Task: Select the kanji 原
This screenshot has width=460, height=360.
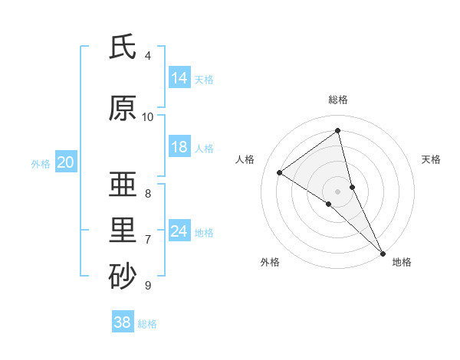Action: (123, 109)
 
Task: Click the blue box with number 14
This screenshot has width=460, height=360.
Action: (179, 78)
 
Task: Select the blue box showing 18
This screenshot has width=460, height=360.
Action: (179, 148)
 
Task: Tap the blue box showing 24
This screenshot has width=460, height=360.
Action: (179, 231)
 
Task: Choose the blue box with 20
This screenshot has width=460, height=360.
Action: (66, 162)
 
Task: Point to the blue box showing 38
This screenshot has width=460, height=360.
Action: (123, 322)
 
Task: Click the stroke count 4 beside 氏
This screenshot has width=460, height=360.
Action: (148, 56)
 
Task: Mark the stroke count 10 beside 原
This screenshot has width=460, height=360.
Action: (148, 117)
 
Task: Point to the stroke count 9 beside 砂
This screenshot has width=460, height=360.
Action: (148, 286)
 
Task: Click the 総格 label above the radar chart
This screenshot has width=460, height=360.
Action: (338, 100)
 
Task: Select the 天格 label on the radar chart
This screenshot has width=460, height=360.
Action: (431, 159)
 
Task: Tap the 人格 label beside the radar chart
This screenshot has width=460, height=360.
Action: (245, 159)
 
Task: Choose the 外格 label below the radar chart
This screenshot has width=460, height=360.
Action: (270, 262)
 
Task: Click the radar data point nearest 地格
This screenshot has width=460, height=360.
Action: (383, 253)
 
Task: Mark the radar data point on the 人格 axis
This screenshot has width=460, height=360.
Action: (280, 172)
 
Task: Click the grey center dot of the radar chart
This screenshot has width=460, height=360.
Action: (338, 191)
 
